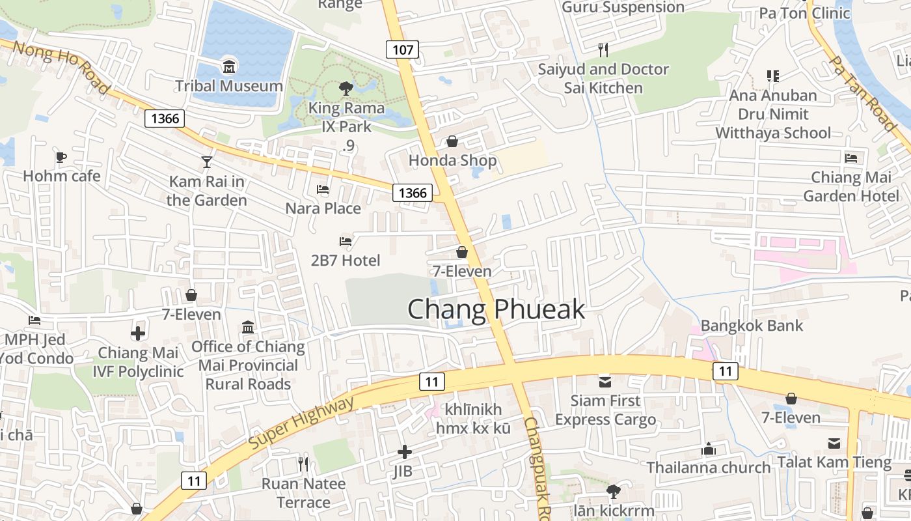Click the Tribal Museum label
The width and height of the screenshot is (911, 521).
click(x=229, y=86)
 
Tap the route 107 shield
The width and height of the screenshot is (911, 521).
click(x=403, y=49)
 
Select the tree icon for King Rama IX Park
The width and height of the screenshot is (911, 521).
click(x=346, y=88)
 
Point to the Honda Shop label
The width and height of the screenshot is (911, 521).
click(x=452, y=160)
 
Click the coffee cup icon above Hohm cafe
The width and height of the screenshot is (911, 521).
click(x=61, y=157)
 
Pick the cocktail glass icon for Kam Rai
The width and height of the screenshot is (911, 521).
click(x=207, y=162)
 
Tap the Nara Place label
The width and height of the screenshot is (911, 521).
click(x=323, y=208)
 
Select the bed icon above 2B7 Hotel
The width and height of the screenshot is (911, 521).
click(x=346, y=242)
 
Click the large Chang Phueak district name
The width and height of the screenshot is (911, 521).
click(x=496, y=310)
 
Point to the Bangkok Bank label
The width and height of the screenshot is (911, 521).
click(x=752, y=326)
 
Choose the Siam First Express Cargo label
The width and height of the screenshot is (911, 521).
click(x=605, y=410)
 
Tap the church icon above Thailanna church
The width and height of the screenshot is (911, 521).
click(x=709, y=449)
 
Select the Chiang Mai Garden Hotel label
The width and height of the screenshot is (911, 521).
click(x=851, y=186)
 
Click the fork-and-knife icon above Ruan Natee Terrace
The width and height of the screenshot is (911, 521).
click(x=303, y=464)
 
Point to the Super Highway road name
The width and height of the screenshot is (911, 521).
click(x=303, y=421)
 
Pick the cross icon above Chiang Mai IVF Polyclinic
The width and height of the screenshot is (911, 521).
click(x=138, y=334)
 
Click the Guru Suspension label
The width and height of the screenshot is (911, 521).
click(x=623, y=7)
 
